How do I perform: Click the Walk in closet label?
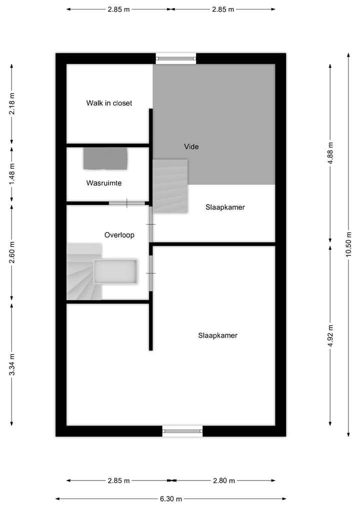click(109, 103)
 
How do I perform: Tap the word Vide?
click(191, 147)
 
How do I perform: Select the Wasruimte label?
click(104, 183)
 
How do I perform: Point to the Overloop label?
click(119, 235)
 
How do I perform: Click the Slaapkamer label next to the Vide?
click(225, 207)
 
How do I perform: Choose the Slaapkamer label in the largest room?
click(217, 336)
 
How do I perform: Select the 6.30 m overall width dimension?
click(171, 499)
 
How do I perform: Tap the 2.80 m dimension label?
click(223, 481)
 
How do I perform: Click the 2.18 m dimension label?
click(12, 104)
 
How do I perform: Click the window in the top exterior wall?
click(175, 58)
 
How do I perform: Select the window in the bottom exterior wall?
click(182, 431)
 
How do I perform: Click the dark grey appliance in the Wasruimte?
click(105, 158)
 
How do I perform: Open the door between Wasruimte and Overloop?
click(126, 203)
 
